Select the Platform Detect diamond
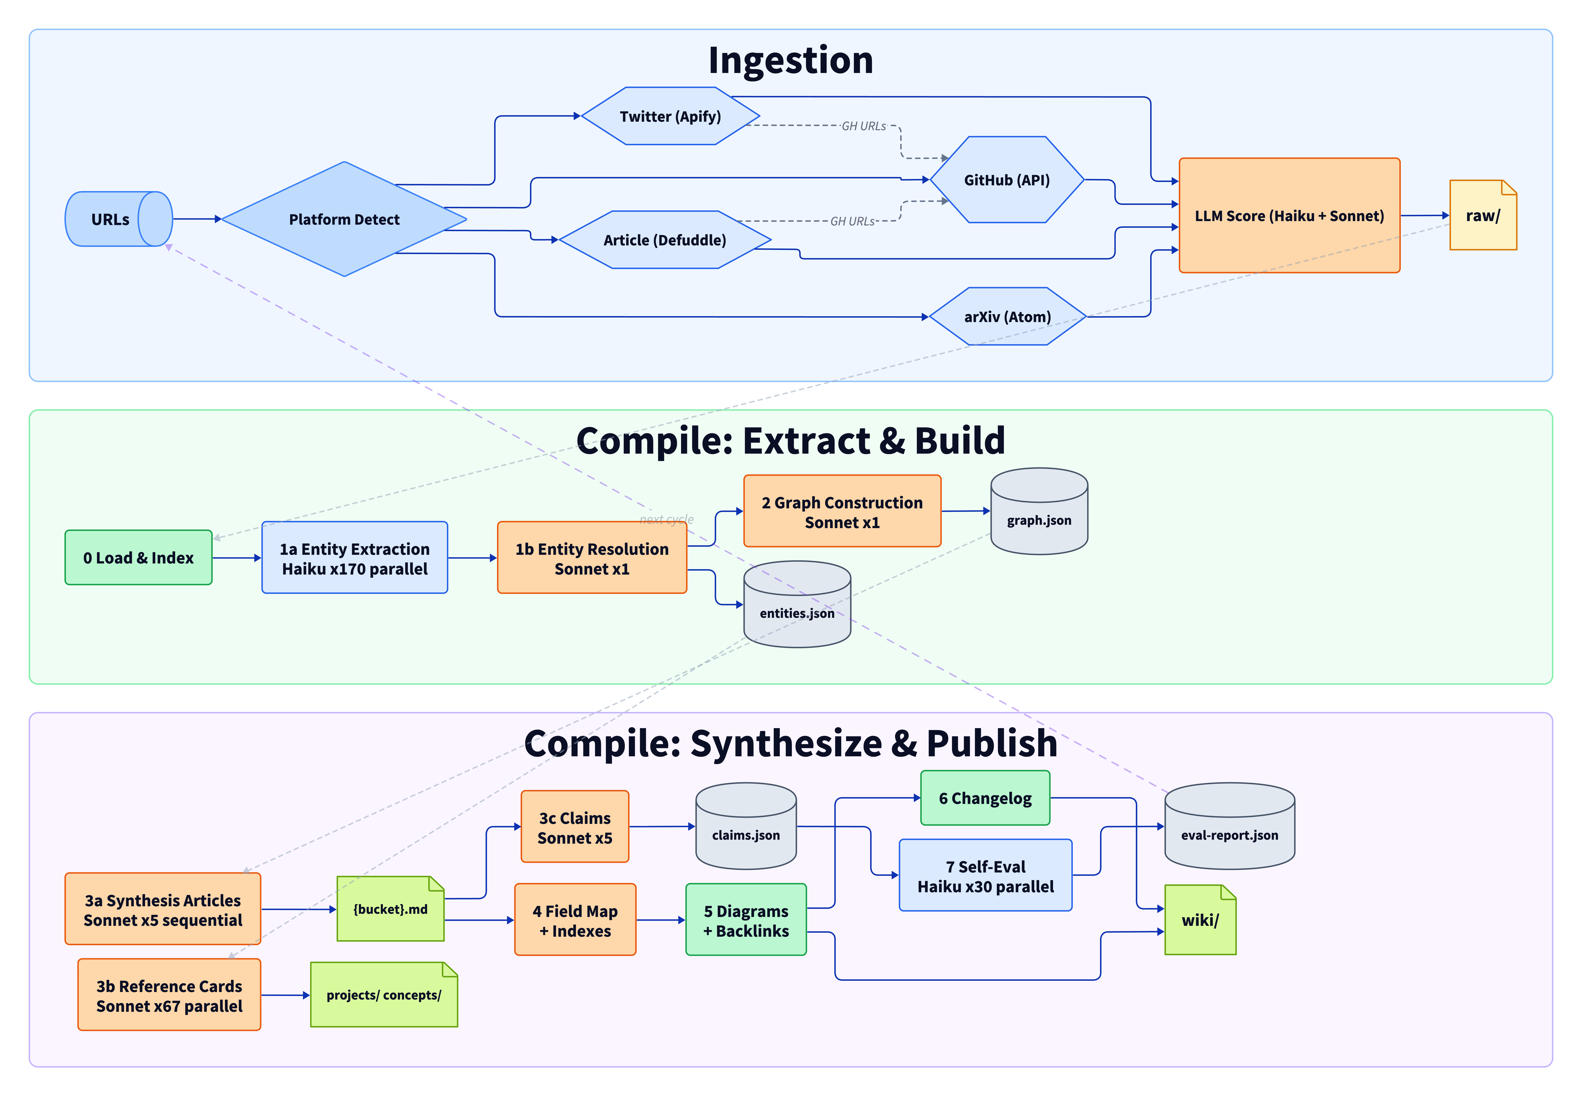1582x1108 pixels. point(344,219)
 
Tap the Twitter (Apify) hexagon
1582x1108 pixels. point(670,116)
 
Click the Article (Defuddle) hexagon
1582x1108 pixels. point(664,240)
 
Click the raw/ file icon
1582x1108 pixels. point(1482,216)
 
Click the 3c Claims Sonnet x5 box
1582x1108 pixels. point(575,827)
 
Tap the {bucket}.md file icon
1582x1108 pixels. point(390,909)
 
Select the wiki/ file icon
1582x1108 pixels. point(1200,920)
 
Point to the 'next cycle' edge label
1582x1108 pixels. point(666,519)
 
